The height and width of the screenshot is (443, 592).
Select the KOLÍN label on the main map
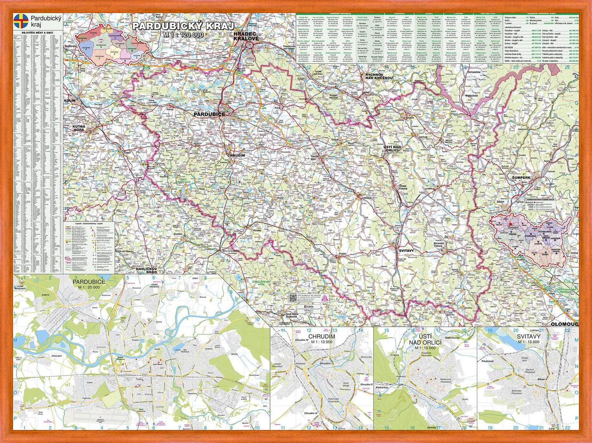(x=70, y=100)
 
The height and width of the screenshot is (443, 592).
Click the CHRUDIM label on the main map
(x=236, y=155)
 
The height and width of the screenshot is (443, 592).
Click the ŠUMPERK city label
(x=521, y=178)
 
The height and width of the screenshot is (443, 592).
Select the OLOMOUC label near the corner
(x=564, y=324)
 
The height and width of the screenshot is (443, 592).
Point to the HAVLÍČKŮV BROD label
(x=147, y=271)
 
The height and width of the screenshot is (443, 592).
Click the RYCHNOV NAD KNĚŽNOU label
(x=379, y=76)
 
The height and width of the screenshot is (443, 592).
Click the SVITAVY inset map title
(x=528, y=336)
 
